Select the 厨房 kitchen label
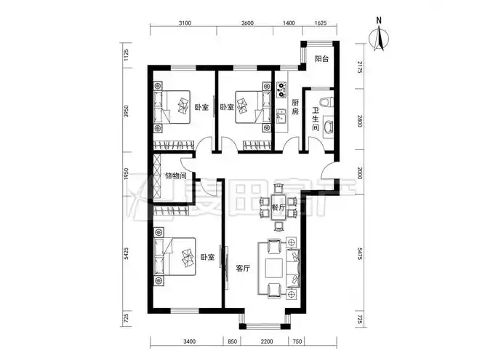(295, 108)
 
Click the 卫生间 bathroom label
(316, 119)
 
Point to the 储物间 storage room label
(176, 175)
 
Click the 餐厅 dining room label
(276, 207)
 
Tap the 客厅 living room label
(243, 268)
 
